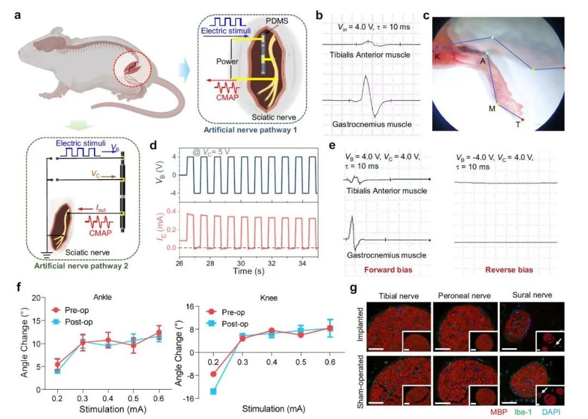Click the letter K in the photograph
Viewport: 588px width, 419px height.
[x=437, y=56]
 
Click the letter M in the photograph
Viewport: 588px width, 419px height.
[x=492, y=108]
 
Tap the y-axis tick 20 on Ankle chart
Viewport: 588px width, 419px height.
[x=34, y=298]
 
